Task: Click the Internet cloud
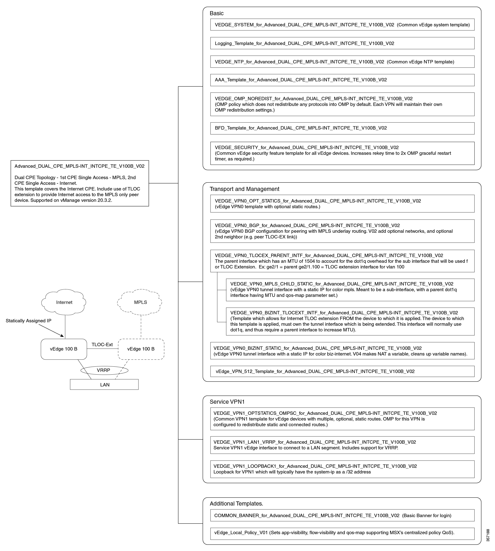point(64,302)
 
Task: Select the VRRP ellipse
point(104,370)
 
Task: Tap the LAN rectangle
point(104,384)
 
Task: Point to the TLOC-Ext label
point(102,345)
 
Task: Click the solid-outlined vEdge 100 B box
point(64,349)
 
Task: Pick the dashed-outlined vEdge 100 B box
point(141,349)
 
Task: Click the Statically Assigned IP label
point(28,321)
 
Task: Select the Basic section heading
point(216,13)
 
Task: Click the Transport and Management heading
point(244,189)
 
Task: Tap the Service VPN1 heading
point(227,402)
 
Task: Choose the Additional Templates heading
point(236,504)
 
